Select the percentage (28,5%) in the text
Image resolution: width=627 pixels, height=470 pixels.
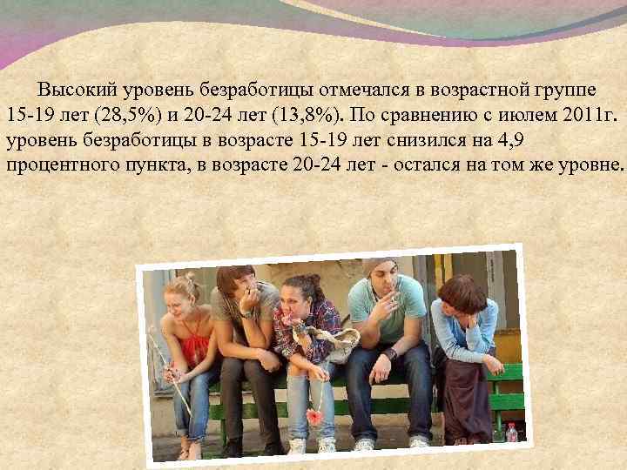(108, 115)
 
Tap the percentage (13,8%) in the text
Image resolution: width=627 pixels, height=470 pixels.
(297, 115)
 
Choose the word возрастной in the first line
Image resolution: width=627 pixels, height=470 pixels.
(465, 90)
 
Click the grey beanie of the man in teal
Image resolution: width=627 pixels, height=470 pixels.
(381, 264)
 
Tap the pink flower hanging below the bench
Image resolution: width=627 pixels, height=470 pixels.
(313, 417)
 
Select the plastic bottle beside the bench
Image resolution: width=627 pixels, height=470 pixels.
(511, 433)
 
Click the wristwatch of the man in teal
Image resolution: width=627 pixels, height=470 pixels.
(391, 355)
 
